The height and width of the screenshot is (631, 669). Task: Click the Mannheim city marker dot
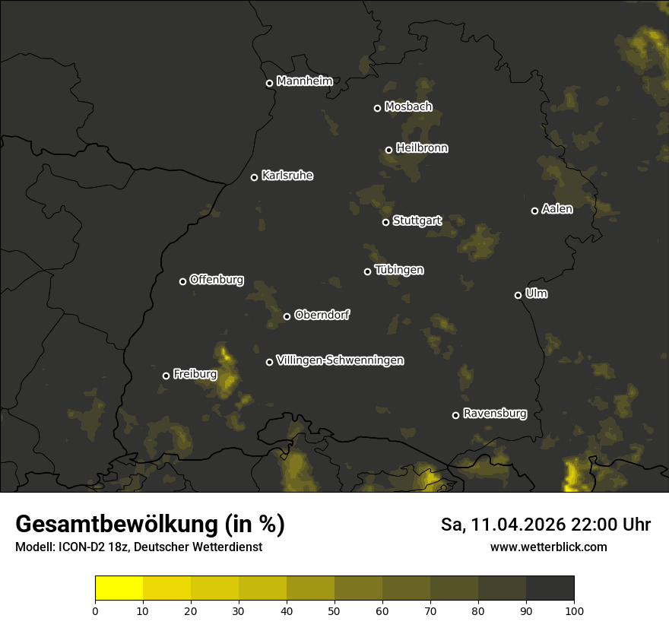[x=269, y=84]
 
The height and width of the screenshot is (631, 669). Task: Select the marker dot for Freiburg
[x=166, y=376]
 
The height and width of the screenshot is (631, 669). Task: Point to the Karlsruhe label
[x=287, y=176]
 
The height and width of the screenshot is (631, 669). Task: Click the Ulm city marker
[x=518, y=295]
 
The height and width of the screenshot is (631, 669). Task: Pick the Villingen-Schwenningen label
[x=340, y=360]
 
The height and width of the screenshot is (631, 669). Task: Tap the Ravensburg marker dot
[x=455, y=415]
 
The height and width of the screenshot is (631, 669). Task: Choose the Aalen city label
[x=557, y=209]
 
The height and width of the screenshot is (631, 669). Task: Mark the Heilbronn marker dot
[x=388, y=150]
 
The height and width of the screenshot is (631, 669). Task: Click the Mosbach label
[x=408, y=107]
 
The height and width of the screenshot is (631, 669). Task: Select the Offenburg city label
[x=217, y=280]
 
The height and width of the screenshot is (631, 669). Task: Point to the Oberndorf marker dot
[x=287, y=316]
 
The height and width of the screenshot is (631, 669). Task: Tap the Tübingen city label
[x=399, y=270]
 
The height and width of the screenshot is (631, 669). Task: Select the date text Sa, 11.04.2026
[x=501, y=525]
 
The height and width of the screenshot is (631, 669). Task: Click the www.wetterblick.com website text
[x=549, y=547]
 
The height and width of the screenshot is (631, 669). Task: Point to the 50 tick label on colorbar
[x=334, y=610]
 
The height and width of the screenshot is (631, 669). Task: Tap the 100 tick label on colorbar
[x=574, y=610]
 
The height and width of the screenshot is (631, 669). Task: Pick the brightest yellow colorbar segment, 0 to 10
[x=119, y=588]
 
